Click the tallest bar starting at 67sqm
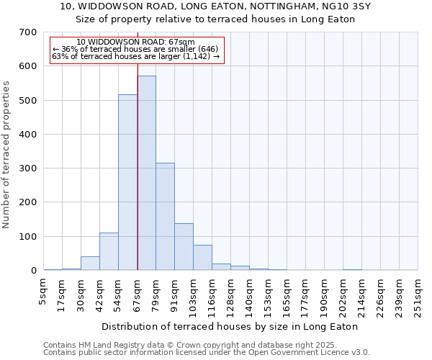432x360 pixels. point(146,173)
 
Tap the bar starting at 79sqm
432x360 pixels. point(165,216)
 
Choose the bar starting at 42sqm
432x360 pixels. point(109,251)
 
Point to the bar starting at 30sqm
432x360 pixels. point(90,263)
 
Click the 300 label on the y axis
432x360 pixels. point(28,168)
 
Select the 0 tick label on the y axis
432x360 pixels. point(33,271)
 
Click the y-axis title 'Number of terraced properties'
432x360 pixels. point(7,155)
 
